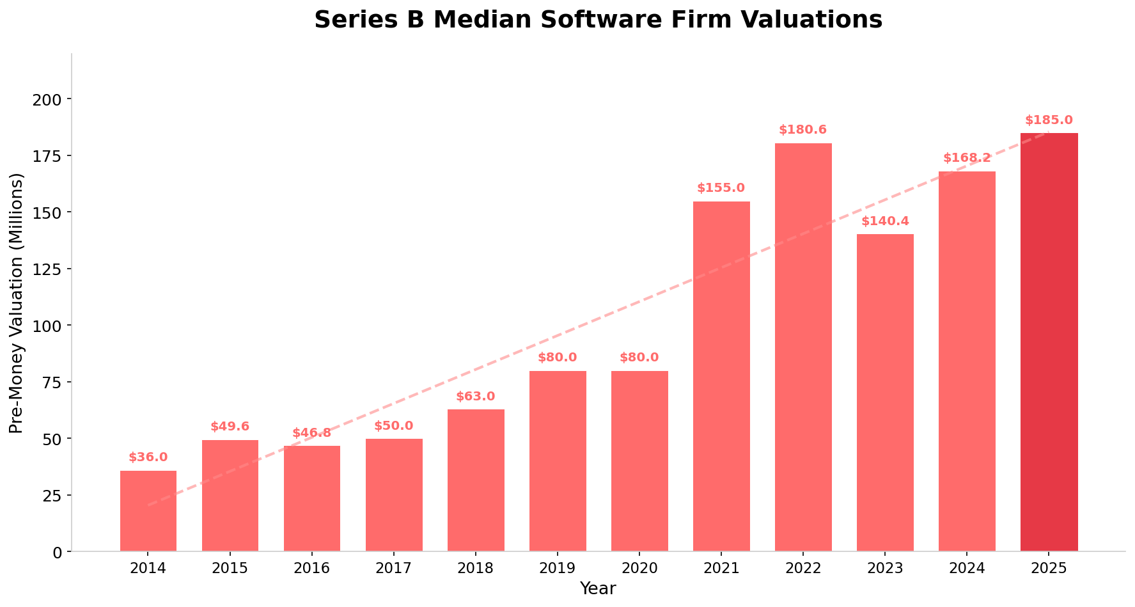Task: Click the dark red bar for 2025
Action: pyautogui.click(x=1049, y=342)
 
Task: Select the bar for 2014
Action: pyautogui.click(x=148, y=511)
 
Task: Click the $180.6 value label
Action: pyautogui.click(x=803, y=130)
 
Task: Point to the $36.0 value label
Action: pyautogui.click(x=148, y=458)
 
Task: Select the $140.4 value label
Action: pyautogui.click(x=885, y=222)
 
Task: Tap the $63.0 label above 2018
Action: pyautogui.click(x=476, y=397)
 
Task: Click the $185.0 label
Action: pyautogui.click(x=1049, y=121)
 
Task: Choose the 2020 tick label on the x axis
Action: pyautogui.click(x=639, y=568)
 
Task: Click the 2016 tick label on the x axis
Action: pyautogui.click(x=312, y=568)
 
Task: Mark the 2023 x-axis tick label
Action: pyautogui.click(x=885, y=568)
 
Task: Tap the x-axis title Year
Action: pyautogui.click(x=598, y=589)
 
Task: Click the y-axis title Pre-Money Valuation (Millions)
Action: pyautogui.click(x=17, y=303)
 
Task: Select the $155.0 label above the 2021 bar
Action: pyautogui.click(x=721, y=189)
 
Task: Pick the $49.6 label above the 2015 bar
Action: pyautogui.click(x=230, y=427)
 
